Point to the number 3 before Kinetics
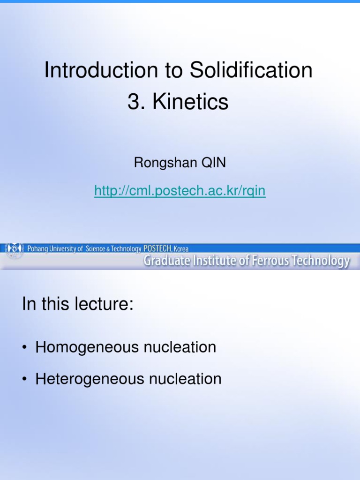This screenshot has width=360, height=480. click(135, 102)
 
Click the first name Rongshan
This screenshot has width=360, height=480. click(161, 163)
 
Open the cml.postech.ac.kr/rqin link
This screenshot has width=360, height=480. click(180, 191)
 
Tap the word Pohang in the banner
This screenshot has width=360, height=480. click(39, 249)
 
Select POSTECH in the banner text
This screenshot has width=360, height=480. click(157, 249)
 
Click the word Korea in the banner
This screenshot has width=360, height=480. click(181, 249)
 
